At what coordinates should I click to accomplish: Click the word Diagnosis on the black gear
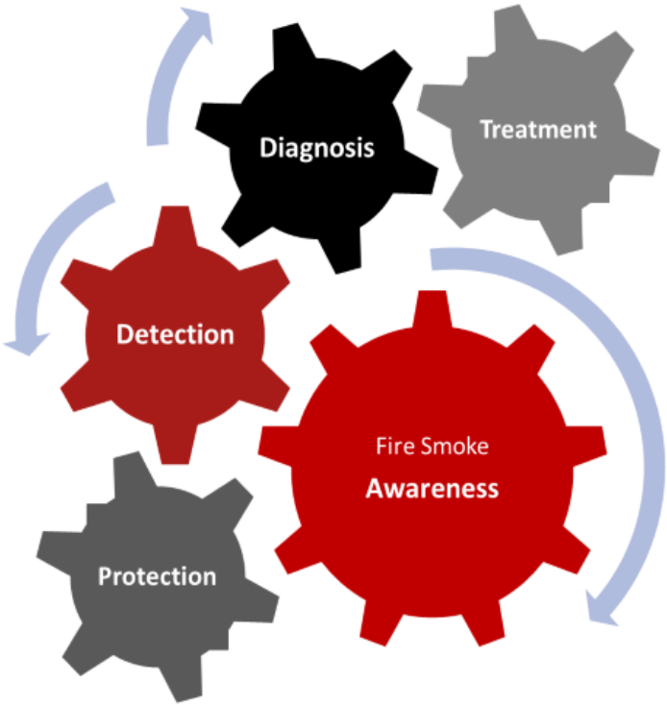[x=317, y=148]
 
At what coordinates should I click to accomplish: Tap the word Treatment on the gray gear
[x=538, y=130]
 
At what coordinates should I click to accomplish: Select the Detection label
[x=176, y=334]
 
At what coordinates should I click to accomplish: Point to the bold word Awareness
[x=432, y=488]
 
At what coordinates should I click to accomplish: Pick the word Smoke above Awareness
[x=455, y=446]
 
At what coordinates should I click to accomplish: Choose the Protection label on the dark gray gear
[x=157, y=576]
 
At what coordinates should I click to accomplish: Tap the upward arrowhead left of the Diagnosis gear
[x=197, y=22]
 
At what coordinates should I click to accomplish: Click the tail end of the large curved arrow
[x=432, y=259]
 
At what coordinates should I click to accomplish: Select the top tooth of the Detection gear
[x=175, y=226]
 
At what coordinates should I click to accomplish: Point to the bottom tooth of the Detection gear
[x=175, y=444]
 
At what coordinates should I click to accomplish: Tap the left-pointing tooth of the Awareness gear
[x=277, y=446]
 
